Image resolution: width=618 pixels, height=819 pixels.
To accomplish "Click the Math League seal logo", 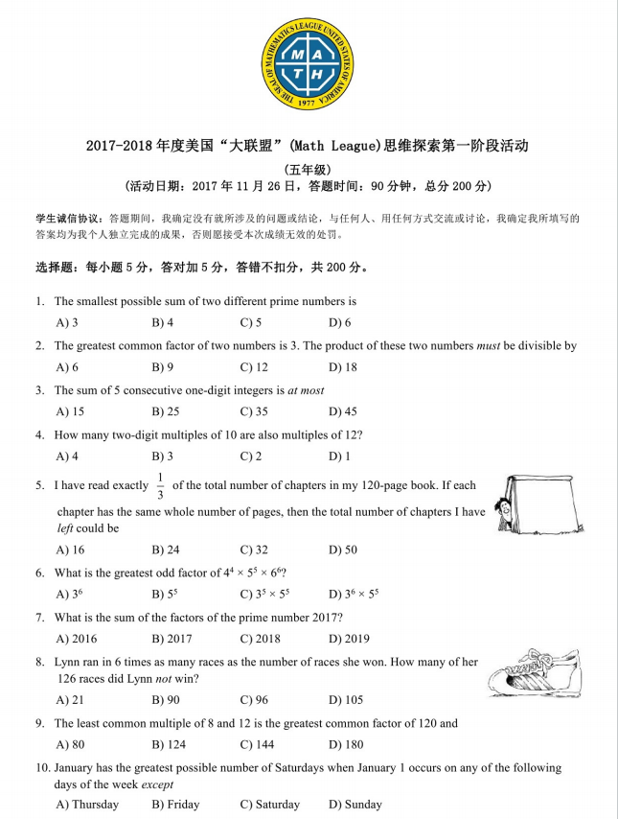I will pos(307,64).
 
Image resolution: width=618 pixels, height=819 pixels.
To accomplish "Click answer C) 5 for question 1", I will pos(251,323).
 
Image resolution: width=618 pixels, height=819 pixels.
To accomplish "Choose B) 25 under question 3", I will pos(165,411).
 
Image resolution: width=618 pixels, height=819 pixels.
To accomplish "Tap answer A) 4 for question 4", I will pos(67,456).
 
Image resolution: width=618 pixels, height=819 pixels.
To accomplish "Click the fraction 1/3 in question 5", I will pos(160,486).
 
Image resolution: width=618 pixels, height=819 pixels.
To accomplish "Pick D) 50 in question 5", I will pos(342,550).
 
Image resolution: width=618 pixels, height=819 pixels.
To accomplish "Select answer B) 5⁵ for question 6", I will pos(164,594).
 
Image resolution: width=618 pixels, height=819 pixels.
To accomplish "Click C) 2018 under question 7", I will pos(260,639).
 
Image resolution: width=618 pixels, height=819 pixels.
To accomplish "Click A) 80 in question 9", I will pos(70,744).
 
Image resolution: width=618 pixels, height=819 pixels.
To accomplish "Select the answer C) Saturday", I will pos(269,805).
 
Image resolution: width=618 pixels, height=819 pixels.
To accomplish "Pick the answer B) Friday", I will pos(176,805).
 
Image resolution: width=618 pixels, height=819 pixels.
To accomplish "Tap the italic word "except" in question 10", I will pos(156,784).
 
